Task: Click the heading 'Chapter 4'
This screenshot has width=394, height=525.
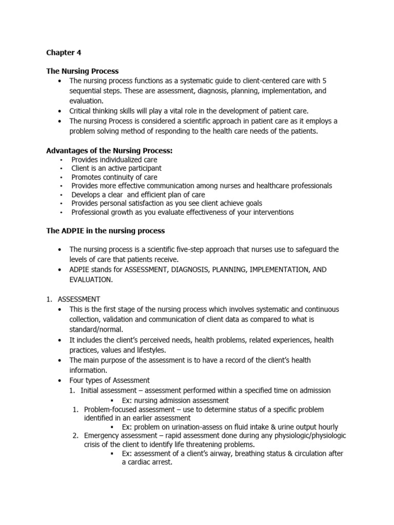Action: point(64,53)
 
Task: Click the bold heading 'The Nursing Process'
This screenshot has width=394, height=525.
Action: point(82,71)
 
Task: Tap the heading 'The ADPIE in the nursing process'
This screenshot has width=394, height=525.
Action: point(105,231)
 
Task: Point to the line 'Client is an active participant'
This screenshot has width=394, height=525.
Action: point(116,168)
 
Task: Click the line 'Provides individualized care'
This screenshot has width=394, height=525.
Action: point(114,159)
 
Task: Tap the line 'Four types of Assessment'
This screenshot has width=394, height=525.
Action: point(110,380)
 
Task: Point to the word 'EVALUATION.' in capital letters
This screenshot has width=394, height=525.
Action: point(91,279)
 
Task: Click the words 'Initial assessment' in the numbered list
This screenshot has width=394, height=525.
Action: point(110,390)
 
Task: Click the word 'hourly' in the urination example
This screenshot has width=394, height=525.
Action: point(327,427)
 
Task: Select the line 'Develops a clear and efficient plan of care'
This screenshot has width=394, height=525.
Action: point(138,194)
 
